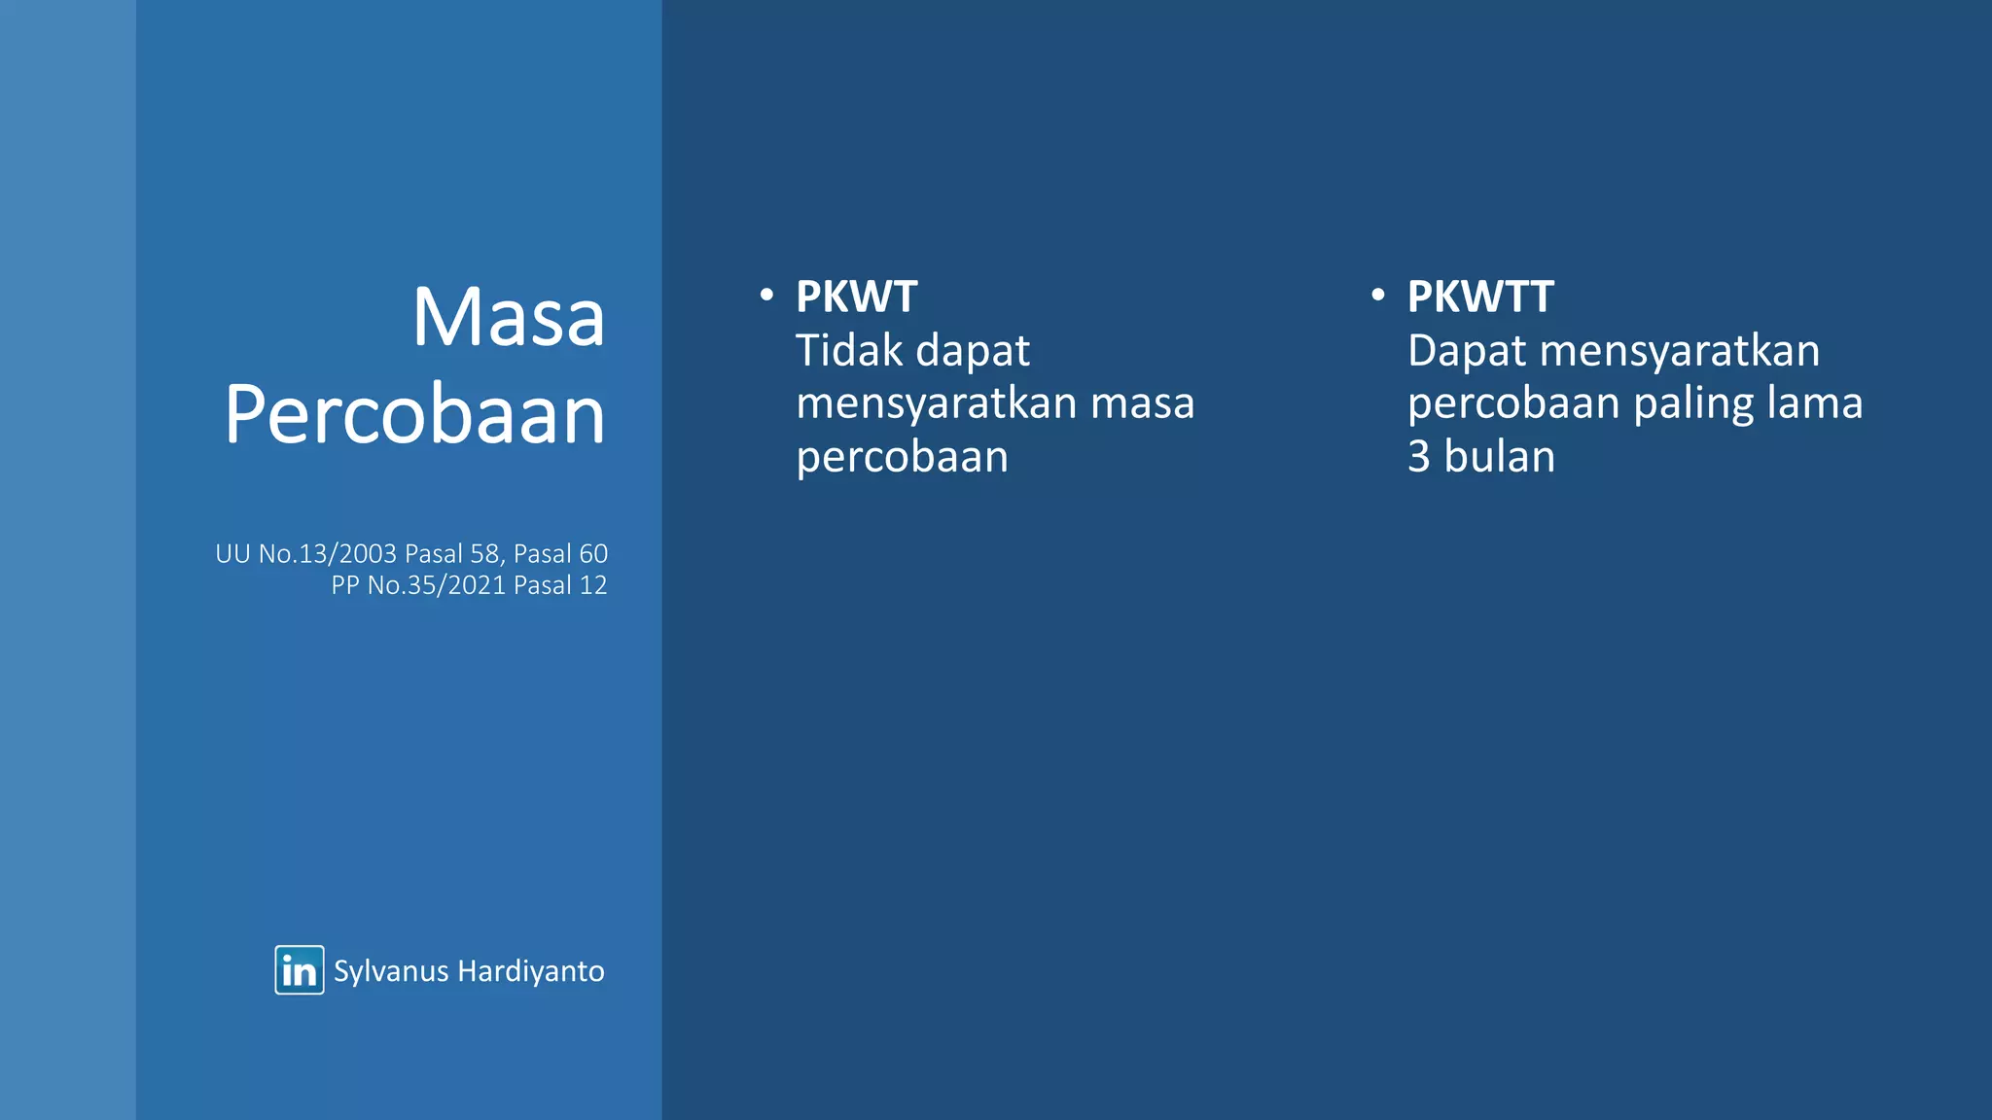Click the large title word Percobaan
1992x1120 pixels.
pos(415,415)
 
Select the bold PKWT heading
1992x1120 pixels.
pos(856,297)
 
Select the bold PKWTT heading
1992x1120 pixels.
pos(1480,297)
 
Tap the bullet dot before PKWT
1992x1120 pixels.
pos(766,295)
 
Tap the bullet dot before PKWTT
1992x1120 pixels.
pos(1377,295)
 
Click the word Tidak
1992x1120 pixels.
pos(849,351)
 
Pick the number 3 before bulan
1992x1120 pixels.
pos(1419,457)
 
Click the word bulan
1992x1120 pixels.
pos(1499,457)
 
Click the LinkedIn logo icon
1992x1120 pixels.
pos(299,970)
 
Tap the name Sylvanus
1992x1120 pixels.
pos(391,971)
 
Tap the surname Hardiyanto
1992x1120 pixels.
pos(531,971)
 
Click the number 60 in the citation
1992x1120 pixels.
pos(593,554)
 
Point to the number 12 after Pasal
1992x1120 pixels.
pos(593,585)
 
